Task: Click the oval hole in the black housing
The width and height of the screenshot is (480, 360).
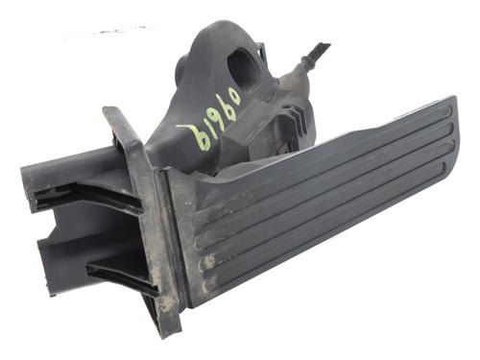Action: tap(242, 66)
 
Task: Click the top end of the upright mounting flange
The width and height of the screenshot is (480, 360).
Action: tap(112, 114)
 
